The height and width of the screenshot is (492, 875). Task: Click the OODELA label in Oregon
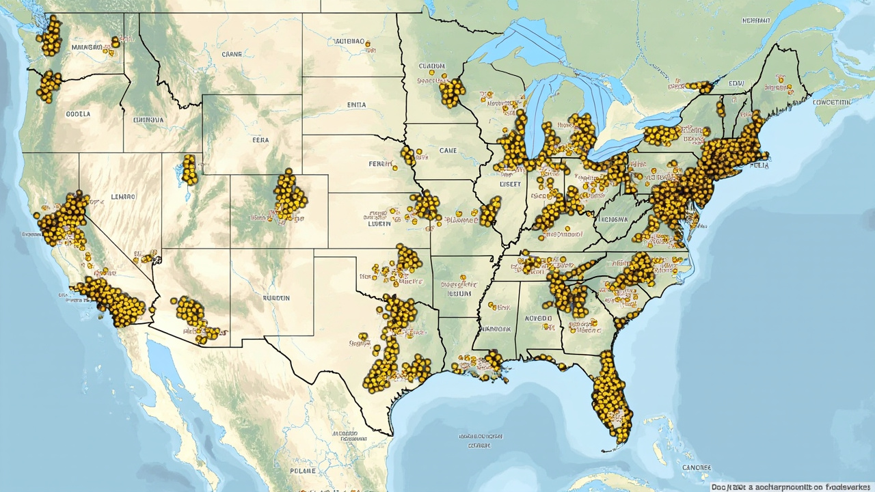tap(78, 114)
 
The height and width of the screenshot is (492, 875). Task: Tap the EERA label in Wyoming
tap(260, 140)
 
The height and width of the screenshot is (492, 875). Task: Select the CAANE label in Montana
tap(232, 53)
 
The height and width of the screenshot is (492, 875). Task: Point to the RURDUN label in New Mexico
tap(276, 298)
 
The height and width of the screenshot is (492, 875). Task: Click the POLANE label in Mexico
tap(303, 471)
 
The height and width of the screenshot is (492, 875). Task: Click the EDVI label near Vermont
tap(736, 83)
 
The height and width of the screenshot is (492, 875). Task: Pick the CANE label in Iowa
tap(448, 150)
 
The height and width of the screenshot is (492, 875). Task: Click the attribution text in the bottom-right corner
tap(791, 487)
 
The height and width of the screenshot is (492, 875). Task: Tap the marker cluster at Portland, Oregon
tap(49, 85)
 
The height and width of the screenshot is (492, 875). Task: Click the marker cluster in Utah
tap(189, 169)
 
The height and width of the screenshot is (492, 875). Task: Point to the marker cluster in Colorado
tap(290, 195)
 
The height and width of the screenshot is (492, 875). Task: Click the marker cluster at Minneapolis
tap(451, 92)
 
